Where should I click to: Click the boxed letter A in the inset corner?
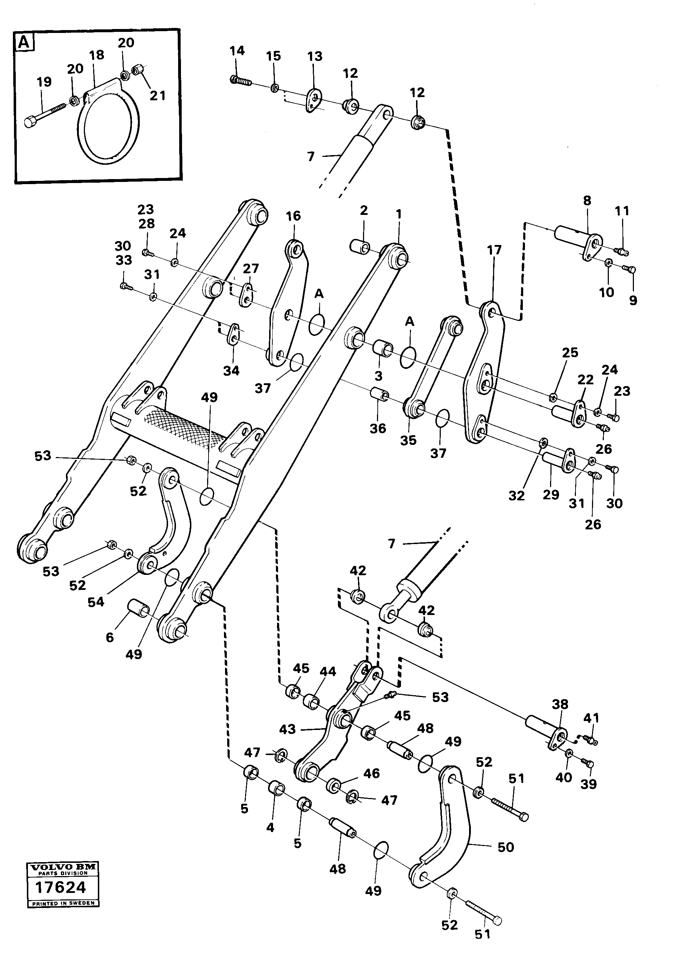click(x=25, y=43)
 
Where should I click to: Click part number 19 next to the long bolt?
click(x=44, y=82)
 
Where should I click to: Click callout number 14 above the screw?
click(x=237, y=51)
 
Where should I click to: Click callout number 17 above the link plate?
click(x=494, y=250)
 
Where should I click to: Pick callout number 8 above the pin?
click(x=587, y=201)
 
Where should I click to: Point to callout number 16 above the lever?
click(x=293, y=216)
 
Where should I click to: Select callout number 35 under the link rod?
click(x=408, y=440)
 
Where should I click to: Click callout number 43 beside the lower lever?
click(x=287, y=729)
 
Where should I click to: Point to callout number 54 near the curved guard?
click(x=96, y=602)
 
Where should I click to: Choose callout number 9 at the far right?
click(x=633, y=300)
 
